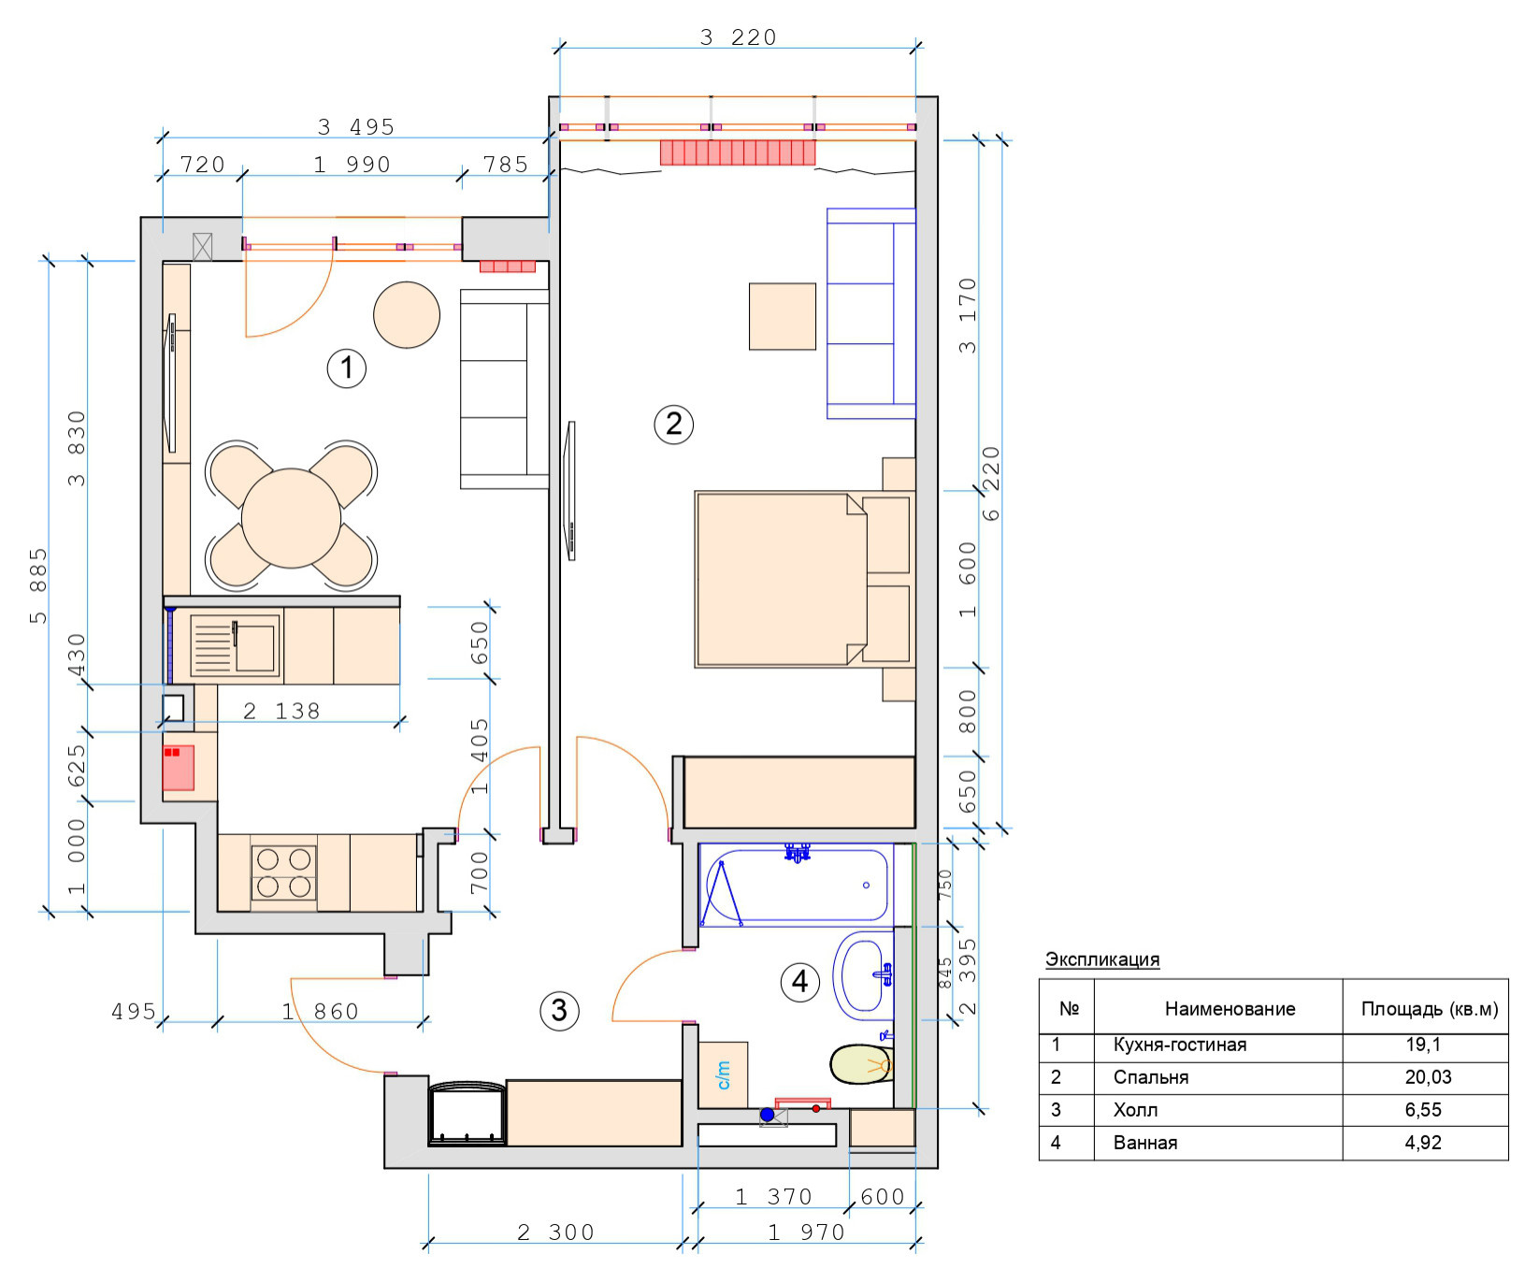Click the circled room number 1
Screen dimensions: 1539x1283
tap(347, 368)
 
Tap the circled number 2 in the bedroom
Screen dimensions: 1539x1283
tap(673, 424)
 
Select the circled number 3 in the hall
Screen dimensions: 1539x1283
tap(559, 1010)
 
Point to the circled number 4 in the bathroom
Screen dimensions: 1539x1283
tap(800, 982)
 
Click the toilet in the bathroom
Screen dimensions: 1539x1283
tap(861, 1064)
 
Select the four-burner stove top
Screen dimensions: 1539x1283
tap(283, 872)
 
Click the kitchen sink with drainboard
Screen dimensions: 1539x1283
tap(235, 645)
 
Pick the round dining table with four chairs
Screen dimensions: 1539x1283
tap(292, 516)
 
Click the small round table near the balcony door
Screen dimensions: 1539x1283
tap(407, 315)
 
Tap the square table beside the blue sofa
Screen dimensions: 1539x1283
tap(783, 317)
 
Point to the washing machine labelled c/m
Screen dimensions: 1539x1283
tap(723, 1074)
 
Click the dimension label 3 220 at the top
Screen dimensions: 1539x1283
tap(739, 36)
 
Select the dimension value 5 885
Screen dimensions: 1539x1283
tap(37, 585)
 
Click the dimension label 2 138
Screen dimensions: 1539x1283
tap(281, 711)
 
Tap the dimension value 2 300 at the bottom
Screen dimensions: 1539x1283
tap(556, 1233)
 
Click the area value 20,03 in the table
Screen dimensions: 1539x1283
tap(1428, 1077)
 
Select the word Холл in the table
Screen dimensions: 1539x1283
tap(1135, 1110)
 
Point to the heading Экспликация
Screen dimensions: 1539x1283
tap(1102, 959)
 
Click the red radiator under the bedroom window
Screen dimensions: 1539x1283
tap(738, 152)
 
